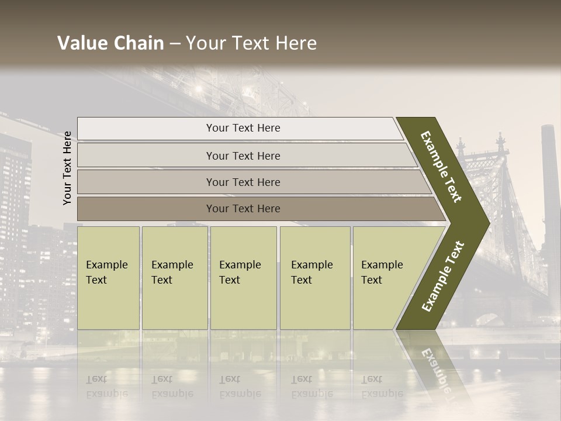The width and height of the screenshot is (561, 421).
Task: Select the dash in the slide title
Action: pyautogui.click(x=175, y=43)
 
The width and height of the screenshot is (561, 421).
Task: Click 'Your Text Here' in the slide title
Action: pyautogui.click(x=251, y=43)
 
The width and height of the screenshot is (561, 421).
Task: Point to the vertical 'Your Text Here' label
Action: pyautogui.click(x=67, y=168)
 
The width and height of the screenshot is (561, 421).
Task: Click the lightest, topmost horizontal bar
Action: pyautogui.click(x=243, y=128)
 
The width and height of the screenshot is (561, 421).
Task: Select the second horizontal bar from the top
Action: pyautogui.click(x=243, y=156)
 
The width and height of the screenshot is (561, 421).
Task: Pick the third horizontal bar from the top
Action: pyautogui.click(x=243, y=182)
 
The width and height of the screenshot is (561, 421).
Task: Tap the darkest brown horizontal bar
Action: pyautogui.click(x=243, y=209)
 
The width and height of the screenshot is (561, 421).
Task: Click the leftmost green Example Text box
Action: pyautogui.click(x=108, y=278)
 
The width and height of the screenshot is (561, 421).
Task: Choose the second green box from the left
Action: pyautogui.click(x=174, y=278)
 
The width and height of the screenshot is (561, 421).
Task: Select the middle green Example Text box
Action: pyautogui.click(x=243, y=278)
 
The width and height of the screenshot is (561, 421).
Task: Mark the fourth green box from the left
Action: pyautogui.click(x=314, y=278)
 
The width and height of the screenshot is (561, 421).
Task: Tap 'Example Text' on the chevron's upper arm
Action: pyautogui.click(x=441, y=167)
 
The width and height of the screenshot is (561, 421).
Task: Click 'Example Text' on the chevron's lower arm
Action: pyautogui.click(x=443, y=276)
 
